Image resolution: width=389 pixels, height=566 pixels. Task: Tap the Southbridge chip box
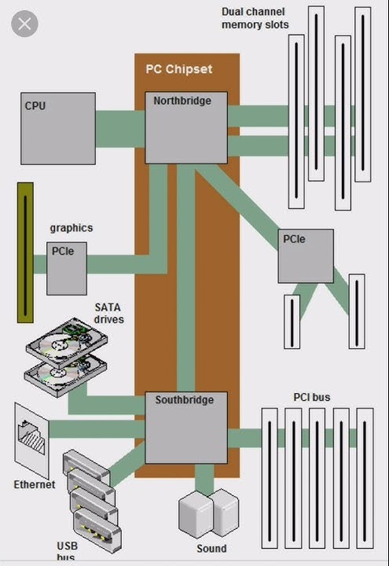click(x=186, y=428)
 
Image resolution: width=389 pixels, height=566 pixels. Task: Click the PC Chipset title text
click(x=179, y=69)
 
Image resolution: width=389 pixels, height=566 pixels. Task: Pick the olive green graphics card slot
click(x=25, y=252)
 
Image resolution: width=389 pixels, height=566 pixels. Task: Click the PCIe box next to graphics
click(x=66, y=267)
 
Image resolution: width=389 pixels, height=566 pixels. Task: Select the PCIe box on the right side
click(x=305, y=255)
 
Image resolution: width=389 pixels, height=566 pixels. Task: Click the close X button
click(x=24, y=24)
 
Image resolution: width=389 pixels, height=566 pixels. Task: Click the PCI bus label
click(x=312, y=397)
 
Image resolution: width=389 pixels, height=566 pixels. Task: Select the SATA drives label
click(x=109, y=313)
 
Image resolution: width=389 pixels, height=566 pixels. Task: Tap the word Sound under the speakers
click(x=211, y=549)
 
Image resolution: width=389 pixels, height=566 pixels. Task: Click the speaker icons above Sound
click(x=208, y=513)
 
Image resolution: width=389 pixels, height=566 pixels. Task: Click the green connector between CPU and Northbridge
click(x=120, y=123)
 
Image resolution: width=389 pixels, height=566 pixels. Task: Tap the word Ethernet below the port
click(x=35, y=484)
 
